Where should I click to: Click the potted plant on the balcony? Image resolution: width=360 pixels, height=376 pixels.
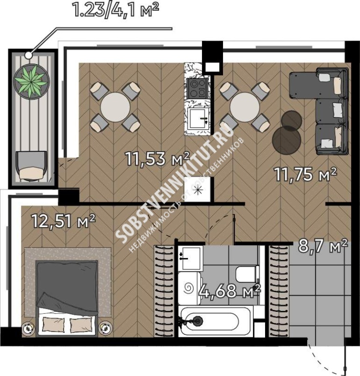coord(31,81)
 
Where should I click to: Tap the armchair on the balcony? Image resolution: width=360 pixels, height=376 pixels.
coord(31,165)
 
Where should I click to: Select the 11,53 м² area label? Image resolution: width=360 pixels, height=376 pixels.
coord(157,159)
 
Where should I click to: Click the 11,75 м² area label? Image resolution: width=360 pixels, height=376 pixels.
coord(306,174)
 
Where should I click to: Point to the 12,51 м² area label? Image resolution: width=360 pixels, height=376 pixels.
coord(64,221)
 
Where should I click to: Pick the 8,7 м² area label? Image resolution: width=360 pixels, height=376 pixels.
coord(323,246)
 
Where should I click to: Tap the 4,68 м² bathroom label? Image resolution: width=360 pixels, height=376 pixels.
coord(230,291)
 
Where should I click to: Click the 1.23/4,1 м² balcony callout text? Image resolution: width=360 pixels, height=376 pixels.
coord(116,10)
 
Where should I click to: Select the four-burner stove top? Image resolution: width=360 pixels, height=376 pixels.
coord(198,89)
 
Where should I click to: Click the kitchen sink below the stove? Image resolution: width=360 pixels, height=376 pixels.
coord(198,118)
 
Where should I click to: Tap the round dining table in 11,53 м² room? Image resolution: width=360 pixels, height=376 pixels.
coord(115,107)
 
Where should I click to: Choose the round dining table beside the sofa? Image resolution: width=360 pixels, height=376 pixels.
coord(245,107)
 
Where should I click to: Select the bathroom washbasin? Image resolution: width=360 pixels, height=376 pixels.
coord(190,258)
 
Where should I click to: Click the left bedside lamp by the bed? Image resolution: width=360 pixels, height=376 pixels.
coord(28,328)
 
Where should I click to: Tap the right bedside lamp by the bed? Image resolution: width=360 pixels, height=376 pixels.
coord(106,328)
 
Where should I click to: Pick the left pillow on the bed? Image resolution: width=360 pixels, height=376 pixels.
coord(54,325)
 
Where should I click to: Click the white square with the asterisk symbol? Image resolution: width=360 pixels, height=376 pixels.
coord(199,189)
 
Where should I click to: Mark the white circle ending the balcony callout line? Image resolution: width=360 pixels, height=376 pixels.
coord(28,55)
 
